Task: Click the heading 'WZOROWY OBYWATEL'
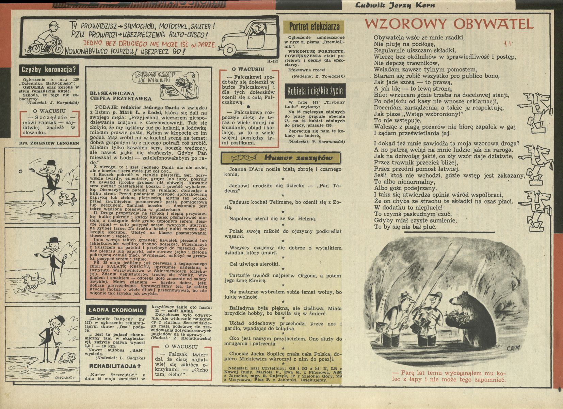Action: point(449,24)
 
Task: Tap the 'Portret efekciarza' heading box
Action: point(314,27)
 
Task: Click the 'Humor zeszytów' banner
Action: point(281,157)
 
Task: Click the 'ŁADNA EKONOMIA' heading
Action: point(116,310)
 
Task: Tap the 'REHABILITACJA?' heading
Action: point(115,366)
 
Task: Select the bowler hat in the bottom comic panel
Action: point(60,319)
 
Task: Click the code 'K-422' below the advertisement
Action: point(273,61)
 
